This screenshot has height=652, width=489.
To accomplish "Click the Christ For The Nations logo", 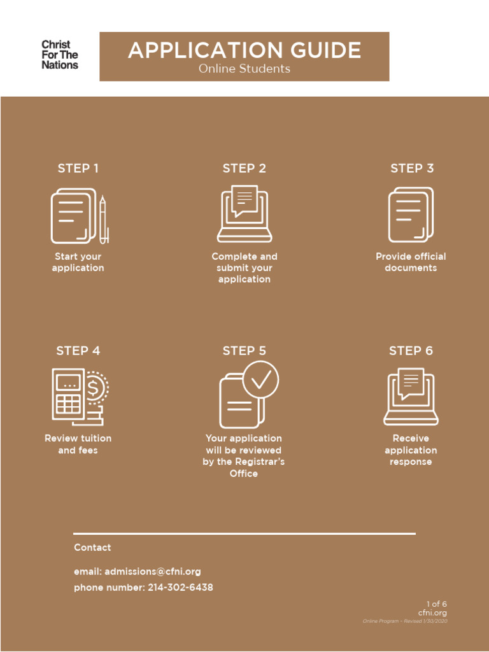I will (60, 55).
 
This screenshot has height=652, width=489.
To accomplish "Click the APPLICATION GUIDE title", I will (244, 50).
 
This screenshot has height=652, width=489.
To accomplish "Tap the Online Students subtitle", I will (244, 69).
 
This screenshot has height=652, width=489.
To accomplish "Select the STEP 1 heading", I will (78, 168).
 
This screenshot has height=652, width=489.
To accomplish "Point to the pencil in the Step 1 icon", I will (103, 219).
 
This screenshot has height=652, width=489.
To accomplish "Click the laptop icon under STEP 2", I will (244, 214).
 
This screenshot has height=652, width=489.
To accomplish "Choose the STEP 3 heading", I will (412, 168).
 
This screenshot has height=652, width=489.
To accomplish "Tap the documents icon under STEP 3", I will (411, 215).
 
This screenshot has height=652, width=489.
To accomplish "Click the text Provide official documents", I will (411, 262).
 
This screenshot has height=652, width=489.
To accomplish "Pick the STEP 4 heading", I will (78, 351).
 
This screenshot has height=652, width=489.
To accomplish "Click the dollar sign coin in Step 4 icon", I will (95, 386).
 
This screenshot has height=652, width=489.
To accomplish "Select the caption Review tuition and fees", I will (78, 444).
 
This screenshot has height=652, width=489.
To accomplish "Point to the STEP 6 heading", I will (411, 351).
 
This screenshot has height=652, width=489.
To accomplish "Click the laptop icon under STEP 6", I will (411, 397).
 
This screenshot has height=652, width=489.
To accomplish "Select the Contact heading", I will (92, 548).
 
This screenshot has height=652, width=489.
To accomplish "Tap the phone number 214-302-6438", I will (180, 588).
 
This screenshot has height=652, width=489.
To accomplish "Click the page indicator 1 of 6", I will (437, 604).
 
